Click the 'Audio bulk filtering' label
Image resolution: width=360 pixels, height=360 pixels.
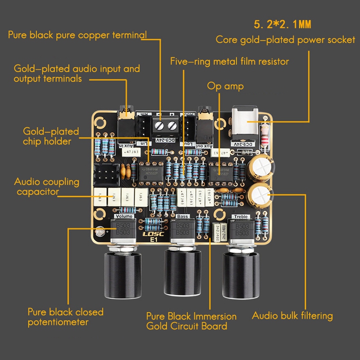pos(292,315)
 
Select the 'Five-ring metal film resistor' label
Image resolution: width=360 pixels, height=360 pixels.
pos(229,61)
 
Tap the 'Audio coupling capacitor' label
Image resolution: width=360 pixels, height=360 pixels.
pos(46,187)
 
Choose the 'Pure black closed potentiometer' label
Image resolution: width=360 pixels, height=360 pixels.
pos(65,317)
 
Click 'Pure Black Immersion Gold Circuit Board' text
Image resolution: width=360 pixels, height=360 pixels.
pos(191,321)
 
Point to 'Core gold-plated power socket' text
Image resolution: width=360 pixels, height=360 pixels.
pos(285,40)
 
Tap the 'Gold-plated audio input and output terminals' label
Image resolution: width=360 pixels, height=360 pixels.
pos(76,73)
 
